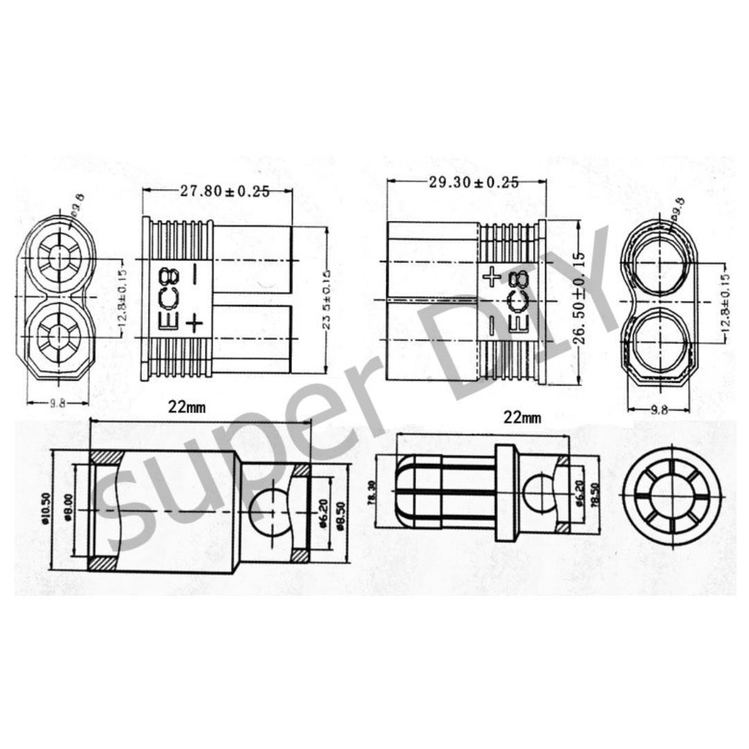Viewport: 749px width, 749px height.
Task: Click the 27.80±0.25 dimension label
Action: pos(225,192)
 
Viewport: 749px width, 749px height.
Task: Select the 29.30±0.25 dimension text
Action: pos(474,182)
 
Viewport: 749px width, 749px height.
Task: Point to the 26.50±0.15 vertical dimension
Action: pos(580,298)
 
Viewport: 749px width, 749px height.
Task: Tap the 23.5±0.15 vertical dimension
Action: pos(326,298)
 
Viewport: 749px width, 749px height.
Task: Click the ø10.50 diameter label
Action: pos(47,509)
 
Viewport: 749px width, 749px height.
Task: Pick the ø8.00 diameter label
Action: pos(68,508)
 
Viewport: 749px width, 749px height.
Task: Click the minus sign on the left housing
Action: pos(194,273)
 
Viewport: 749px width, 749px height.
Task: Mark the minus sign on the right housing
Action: pos(491,325)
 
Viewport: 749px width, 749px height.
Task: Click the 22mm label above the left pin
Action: pos(187,408)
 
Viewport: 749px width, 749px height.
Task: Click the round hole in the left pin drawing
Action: pos(268,510)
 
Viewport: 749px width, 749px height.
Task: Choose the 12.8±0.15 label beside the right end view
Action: pos(726,298)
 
